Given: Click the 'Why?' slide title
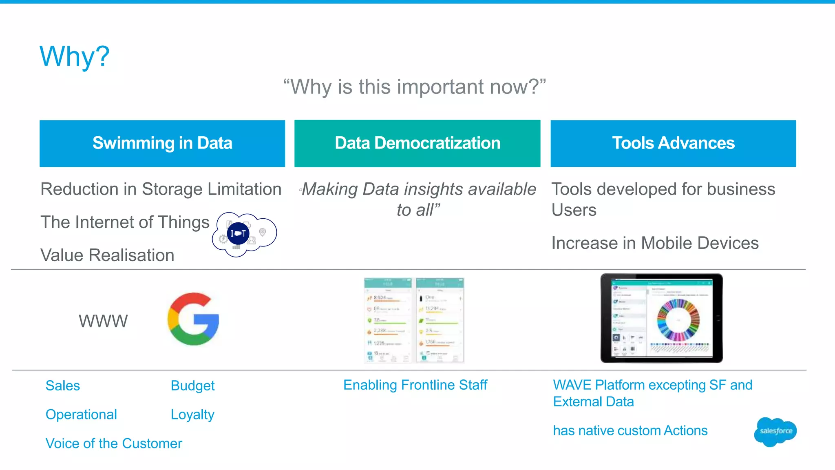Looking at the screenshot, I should [75, 56].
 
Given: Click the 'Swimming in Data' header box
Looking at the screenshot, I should [162, 143].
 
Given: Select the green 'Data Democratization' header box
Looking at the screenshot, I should [417, 143].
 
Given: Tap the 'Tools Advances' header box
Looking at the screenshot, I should [673, 143].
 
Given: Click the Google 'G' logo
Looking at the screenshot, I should [193, 319].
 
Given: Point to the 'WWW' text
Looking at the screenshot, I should [103, 321].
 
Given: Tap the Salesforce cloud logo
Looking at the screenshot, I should [775, 432].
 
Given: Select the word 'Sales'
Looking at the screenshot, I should [63, 386].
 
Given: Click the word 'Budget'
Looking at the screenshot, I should [192, 386].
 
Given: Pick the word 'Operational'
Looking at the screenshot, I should [81, 415].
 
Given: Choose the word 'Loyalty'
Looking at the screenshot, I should [192, 415].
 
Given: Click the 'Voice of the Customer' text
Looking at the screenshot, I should [114, 443].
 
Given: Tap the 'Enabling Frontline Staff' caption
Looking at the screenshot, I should [415, 385].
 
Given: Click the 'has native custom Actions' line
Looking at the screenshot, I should [630, 430].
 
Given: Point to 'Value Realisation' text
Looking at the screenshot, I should [107, 255].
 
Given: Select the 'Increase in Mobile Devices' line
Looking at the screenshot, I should [655, 243].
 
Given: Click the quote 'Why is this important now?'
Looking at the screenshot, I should [415, 87].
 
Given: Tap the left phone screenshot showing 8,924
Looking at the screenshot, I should [388, 320].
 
